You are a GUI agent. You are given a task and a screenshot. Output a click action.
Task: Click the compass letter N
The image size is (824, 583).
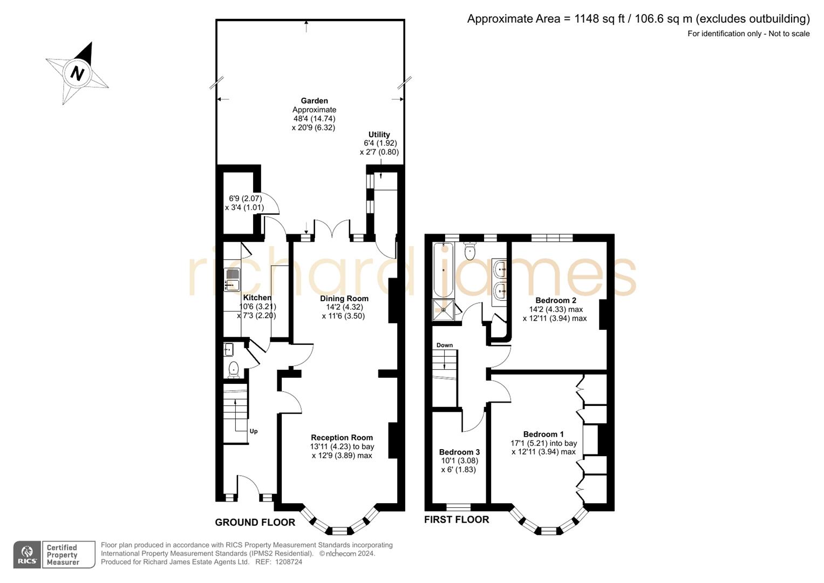click(x=78, y=72)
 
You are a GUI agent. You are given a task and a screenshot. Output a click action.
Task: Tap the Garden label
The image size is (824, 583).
click(x=314, y=101)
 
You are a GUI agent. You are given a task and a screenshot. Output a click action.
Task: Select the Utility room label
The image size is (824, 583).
click(x=379, y=134)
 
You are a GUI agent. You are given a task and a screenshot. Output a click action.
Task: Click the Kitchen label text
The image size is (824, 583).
click(x=257, y=297)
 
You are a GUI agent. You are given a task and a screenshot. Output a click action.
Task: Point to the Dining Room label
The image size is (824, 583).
click(x=344, y=299)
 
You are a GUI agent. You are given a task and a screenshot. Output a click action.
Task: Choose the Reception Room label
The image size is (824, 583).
click(x=342, y=438)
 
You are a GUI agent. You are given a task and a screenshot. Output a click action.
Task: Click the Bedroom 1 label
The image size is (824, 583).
click(x=543, y=434)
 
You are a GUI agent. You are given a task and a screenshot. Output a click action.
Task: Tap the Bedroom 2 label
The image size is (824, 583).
click(x=555, y=300)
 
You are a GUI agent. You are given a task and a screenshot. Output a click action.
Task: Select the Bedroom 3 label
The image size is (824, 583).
click(x=459, y=452)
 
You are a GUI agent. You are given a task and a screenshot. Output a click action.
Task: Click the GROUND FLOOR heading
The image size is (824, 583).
click(x=255, y=522)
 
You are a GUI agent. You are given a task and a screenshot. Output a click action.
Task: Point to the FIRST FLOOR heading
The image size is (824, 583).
click(x=456, y=519)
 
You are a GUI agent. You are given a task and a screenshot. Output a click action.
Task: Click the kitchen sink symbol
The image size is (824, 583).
click(x=231, y=279)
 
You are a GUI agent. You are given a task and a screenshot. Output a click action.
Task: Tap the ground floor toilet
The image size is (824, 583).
click(x=233, y=369)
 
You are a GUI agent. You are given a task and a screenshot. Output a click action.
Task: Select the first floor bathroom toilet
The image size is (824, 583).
click(x=471, y=251)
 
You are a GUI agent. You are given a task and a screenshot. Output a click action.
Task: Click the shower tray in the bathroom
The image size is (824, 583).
click(x=443, y=310)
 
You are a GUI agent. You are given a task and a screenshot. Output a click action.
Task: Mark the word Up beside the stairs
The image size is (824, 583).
click(x=253, y=431)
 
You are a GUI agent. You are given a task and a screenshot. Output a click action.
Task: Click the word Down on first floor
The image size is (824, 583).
click(x=445, y=345)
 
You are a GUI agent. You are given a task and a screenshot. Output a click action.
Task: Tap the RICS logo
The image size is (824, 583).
click(x=27, y=555)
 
